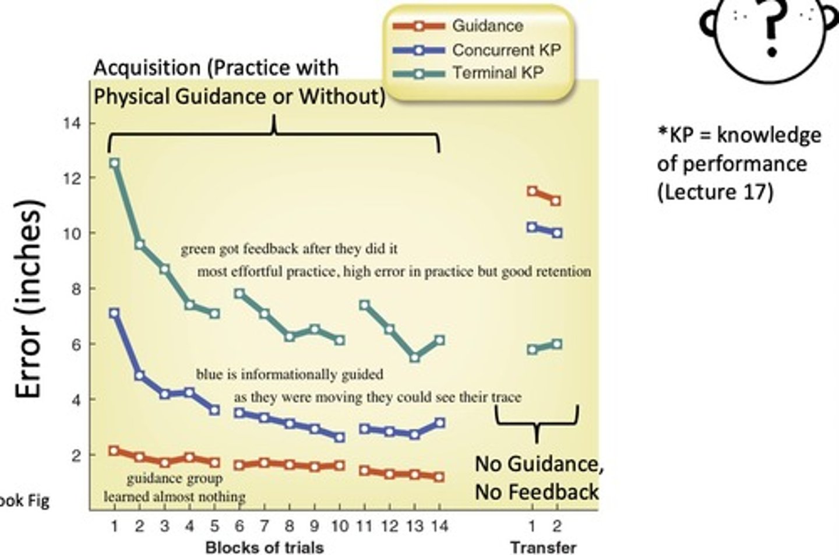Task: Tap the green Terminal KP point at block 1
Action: (x=114, y=163)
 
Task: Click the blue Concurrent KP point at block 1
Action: (x=114, y=313)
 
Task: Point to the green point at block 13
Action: (x=414, y=358)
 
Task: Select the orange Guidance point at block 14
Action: (x=439, y=477)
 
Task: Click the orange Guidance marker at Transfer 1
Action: (x=531, y=191)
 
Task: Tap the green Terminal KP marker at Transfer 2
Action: (x=556, y=344)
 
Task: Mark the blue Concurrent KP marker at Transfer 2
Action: (x=556, y=233)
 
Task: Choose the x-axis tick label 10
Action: (x=339, y=526)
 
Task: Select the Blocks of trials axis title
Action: (x=264, y=547)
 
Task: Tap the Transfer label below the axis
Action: (x=543, y=547)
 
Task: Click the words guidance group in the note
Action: (x=174, y=479)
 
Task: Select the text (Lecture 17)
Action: (x=715, y=192)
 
